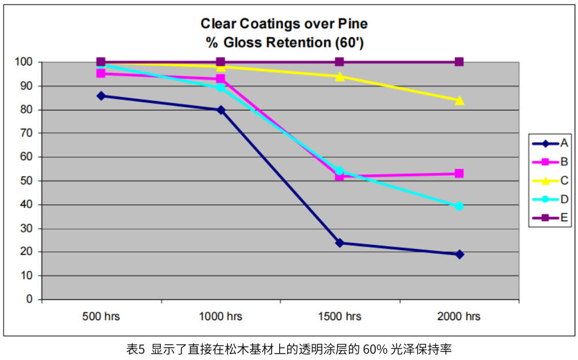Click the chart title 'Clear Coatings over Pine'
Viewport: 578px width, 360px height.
click(284, 24)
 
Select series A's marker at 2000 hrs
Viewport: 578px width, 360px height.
click(459, 254)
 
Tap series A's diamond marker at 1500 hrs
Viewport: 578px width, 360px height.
click(339, 243)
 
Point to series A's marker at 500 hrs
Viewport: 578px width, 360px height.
click(101, 96)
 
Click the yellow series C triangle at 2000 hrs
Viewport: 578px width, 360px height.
click(459, 100)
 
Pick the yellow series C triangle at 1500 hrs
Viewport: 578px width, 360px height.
click(339, 76)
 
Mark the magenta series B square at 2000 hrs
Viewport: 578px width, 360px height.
click(459, 173)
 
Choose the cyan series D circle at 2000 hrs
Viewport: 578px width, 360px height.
click(459, 206)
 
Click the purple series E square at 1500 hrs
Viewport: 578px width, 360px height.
click(339, 62)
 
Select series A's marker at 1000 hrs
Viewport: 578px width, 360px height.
click(220, 110)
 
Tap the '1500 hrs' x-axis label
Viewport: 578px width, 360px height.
click(339, 317)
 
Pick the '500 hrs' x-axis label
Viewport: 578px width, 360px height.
click(101, 317)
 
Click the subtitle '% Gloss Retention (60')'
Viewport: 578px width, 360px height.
click(284, 43)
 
